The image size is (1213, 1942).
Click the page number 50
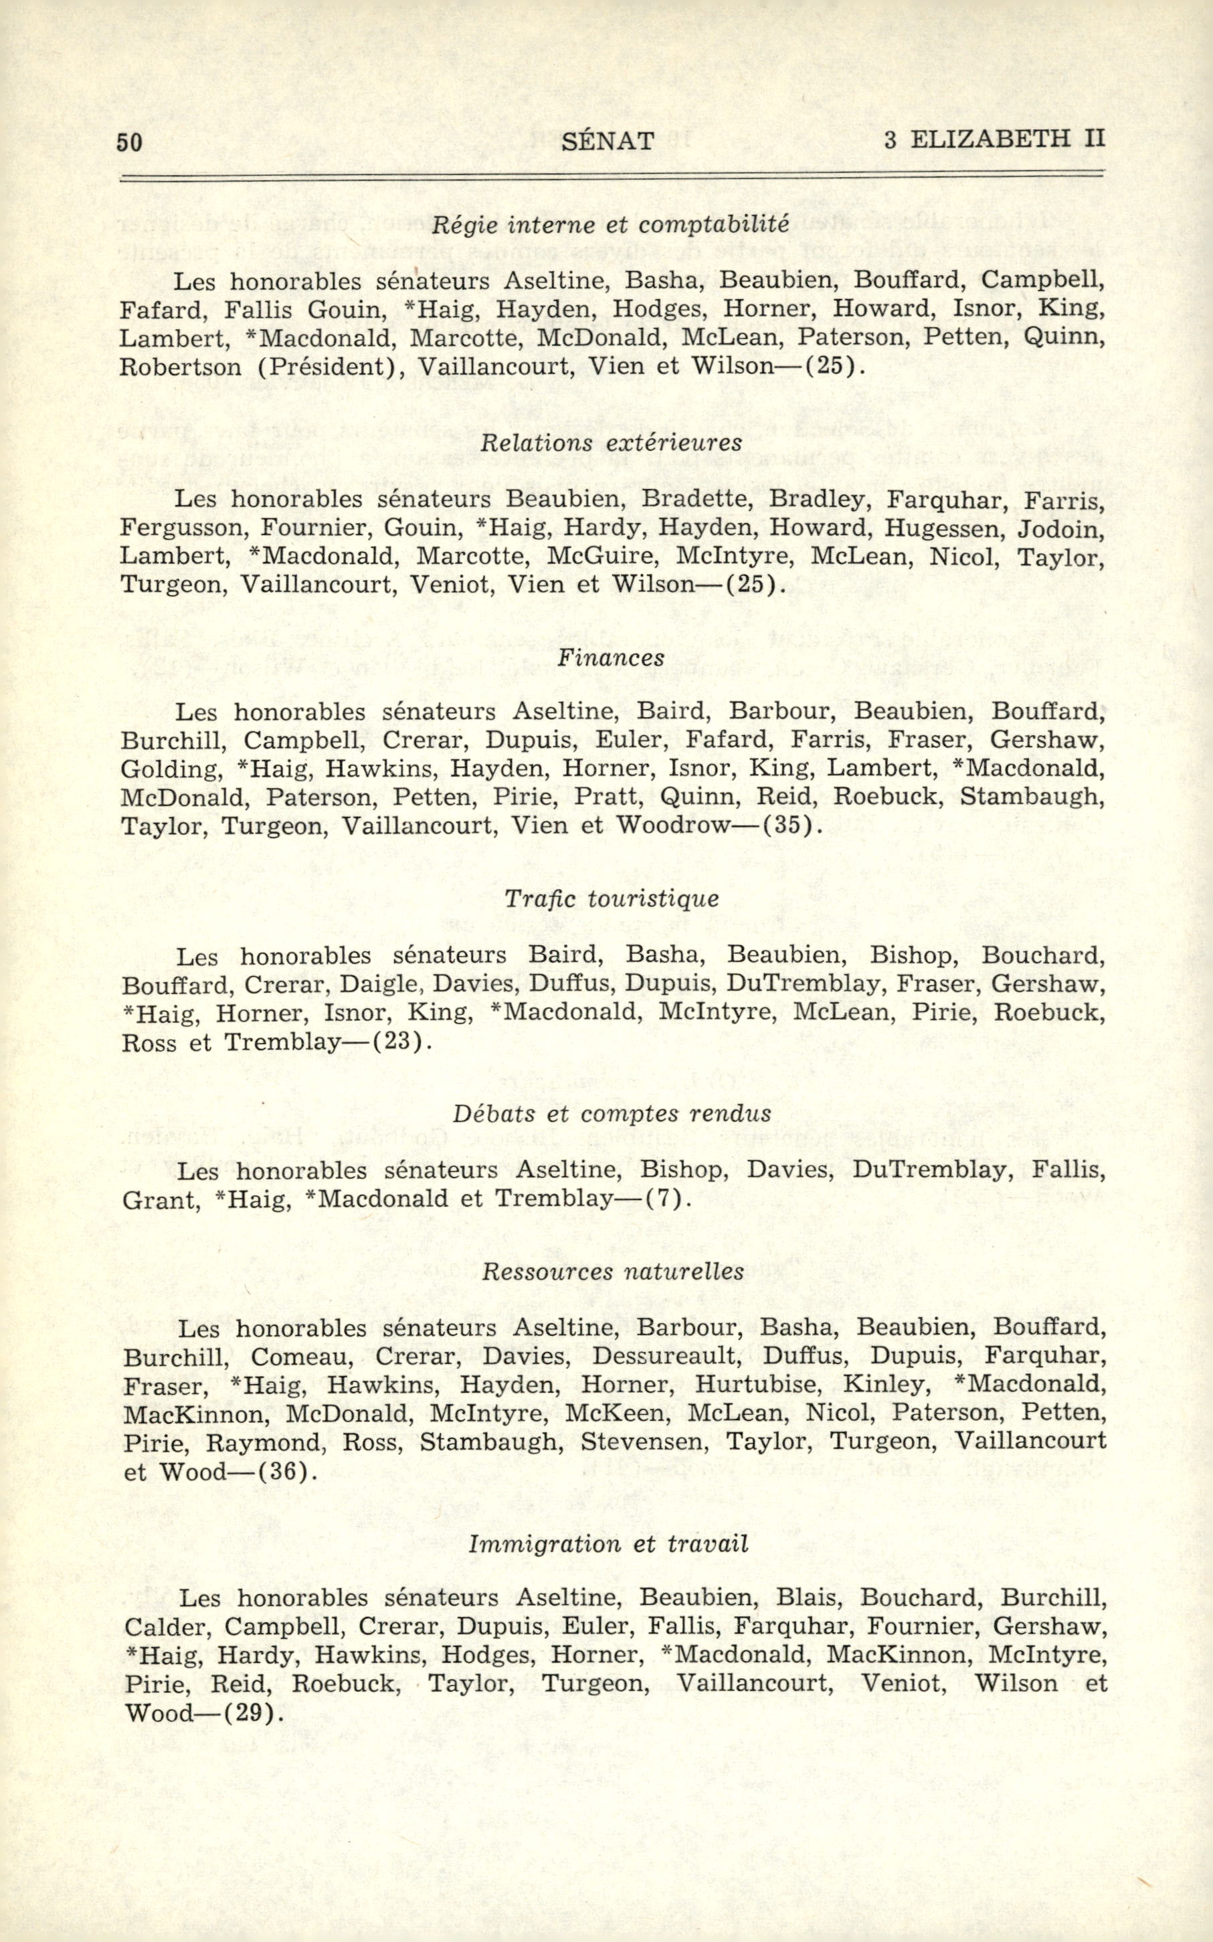pos(129,142)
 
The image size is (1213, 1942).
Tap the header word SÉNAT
pos(608,142)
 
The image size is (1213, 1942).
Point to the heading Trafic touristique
pos(612,898)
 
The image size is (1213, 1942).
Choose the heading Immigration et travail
pos(608,1543)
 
